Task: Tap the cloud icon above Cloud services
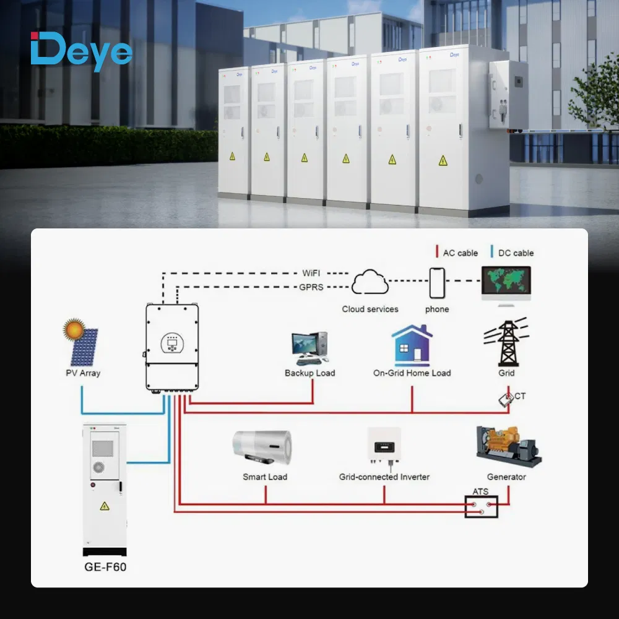pyautogui.click(x=370, y=283)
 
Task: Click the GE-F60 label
pyautogui.click(x=105, y=566)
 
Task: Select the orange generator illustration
pyautogui.click(x=507, y=446)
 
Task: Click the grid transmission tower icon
pyautogui.click(x=506, y=344)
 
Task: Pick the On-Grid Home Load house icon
pyautogui.click(x=412, y=345)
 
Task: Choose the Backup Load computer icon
pyautogui.click(x=309, y=348)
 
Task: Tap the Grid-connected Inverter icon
pyautogui.click(x=384, y=444)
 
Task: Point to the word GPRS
pyautogui.click(x=312, y=287)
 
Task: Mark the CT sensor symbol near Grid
pyautogui.click(x=506, y=400)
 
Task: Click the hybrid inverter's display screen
pyautogui.click(x=171, y=342)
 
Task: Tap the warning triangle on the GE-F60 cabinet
pyautogui.click(x=105, y=506)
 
